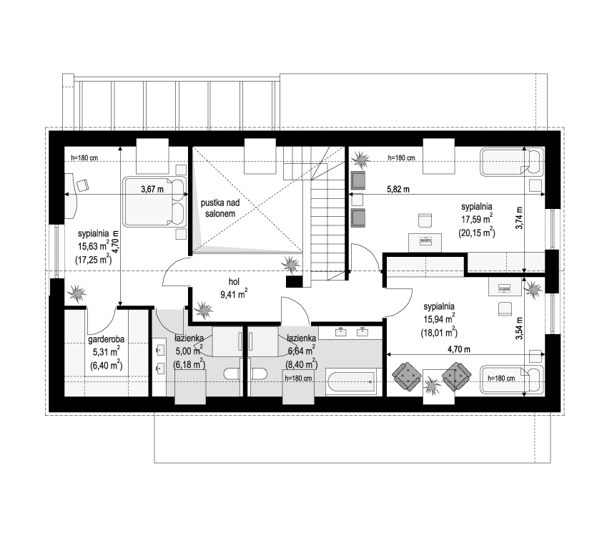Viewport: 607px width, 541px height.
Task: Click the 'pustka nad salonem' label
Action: click(x=220, y=208)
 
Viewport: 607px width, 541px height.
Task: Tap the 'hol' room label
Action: click(x=234, y=282)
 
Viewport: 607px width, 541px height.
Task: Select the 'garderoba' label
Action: click(x=106, y=339)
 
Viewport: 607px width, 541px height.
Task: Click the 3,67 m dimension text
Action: click(x=152, y=189)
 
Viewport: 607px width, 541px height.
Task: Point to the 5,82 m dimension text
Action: click(x=398, y=190)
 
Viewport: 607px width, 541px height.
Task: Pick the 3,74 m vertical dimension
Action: click(x=519, y=218)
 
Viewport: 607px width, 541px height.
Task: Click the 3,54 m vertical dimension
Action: click(x=519, y=328)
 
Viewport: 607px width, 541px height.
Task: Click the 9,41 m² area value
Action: click(x=234, y=294)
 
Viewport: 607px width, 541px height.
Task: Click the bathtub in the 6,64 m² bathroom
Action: click(x=351, y=383)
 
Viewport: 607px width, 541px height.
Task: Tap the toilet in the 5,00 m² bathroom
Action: click(x=233, y=374)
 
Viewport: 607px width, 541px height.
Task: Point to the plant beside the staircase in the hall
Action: click(x=290, y=264)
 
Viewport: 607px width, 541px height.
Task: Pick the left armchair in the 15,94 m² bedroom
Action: click(x=407, y=376)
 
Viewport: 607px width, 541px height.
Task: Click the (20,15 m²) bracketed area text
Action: click(x=477, y=233)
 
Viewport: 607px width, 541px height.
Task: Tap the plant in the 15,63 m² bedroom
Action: click(x=77, y=293)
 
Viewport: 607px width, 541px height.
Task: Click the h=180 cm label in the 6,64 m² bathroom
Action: click(x=298, y=379)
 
